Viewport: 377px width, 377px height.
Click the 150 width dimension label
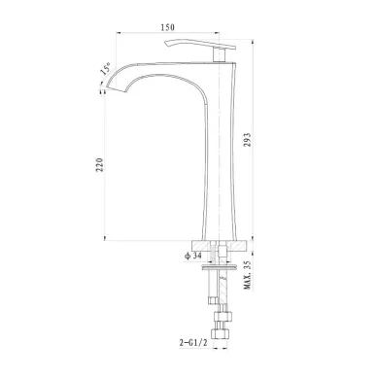click(168, 27)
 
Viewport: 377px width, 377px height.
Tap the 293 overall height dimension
click(247, 140)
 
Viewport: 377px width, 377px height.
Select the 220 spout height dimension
click(100, 165)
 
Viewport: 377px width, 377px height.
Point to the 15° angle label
click(106, 69)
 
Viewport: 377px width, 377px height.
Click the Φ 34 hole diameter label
click(193, 256)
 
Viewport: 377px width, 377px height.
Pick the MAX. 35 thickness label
click(248, 275)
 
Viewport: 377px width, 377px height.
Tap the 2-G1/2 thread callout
click(193, 343)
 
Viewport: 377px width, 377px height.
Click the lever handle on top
click(199, 45)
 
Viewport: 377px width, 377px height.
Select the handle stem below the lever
click(219, 54)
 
